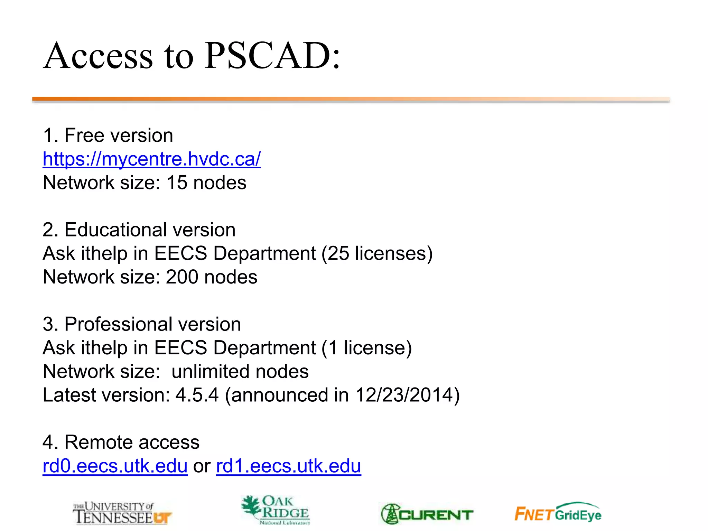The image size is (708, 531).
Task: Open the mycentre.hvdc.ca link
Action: [151, 159]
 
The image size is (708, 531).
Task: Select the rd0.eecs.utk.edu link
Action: [115, 466]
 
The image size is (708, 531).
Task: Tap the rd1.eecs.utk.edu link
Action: [288, 466]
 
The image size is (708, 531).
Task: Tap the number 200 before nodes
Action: [182, 277]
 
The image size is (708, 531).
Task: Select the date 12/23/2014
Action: [404, 395]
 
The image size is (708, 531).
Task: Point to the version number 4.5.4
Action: [197, 395]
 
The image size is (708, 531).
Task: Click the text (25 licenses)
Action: [377, 253]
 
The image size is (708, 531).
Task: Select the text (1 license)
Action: [366, 348]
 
